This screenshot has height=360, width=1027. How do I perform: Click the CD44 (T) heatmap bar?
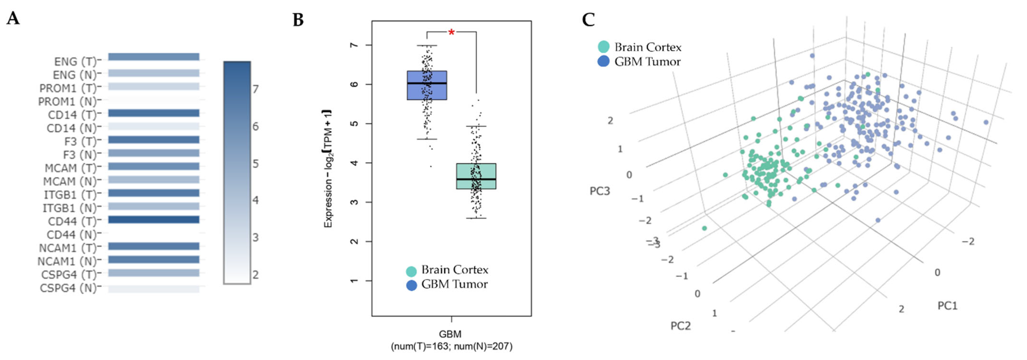click(154, 220)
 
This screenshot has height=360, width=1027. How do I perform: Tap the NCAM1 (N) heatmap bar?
click(154, 259)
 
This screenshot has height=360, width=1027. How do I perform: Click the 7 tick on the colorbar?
click(256, 88)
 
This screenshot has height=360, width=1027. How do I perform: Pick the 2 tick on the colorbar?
click(256, 275)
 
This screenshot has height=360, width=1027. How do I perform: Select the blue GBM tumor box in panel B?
click(427, 85)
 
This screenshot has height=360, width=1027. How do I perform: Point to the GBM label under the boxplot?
click(450, 334)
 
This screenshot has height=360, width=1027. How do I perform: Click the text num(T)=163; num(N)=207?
click(451, 346)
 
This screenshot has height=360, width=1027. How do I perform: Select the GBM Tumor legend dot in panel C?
click(604, 61)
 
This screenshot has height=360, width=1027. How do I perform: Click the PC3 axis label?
click(600, 191)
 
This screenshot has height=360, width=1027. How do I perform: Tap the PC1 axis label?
click(947, 306)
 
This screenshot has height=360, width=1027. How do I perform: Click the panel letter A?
click(13, 18)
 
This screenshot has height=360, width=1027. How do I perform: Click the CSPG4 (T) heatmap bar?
click(154, 273)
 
